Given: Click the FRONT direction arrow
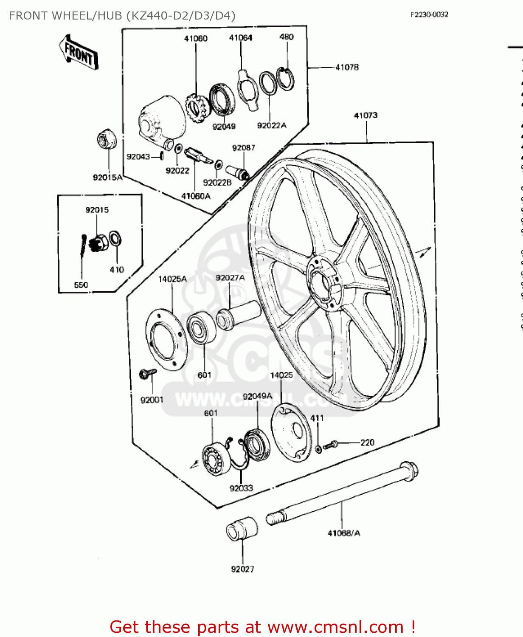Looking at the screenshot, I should point(79,53).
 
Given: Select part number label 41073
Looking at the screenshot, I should point(366,116).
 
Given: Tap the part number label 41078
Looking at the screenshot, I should point(347,67).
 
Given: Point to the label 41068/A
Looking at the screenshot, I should point(343,533).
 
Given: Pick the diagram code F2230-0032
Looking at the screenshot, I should point(429,15).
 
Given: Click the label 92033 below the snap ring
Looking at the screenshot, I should point(241,488).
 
